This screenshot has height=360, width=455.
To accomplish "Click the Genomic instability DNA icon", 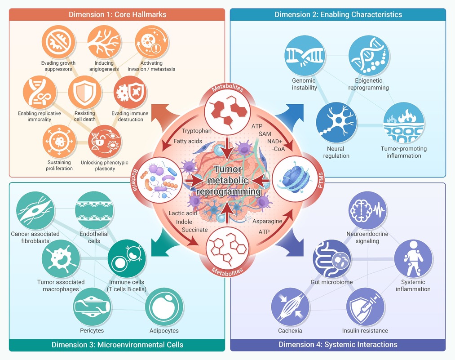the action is tap(305, 55).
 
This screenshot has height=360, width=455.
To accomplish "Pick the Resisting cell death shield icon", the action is tap(85, 93).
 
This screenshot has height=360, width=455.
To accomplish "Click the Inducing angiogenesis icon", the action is tap(104, 42).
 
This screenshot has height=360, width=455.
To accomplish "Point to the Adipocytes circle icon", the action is tap(164, 307).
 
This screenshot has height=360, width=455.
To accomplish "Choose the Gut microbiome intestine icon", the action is tap(331, 259).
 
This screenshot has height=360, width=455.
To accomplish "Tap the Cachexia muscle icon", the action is tap(290, 307).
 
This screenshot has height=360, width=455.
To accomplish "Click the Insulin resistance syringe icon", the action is tap(365, 307).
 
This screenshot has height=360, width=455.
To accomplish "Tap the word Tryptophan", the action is tap(196, 131).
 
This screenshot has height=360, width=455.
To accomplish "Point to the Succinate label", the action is tap(194, 230).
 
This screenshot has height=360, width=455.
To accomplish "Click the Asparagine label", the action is tap(267, 221).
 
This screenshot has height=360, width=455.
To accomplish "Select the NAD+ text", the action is tap(275, 142).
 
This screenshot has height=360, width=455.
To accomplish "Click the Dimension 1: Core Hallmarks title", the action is tap(118, 14).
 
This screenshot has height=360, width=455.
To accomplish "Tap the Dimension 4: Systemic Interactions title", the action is tap(338, 345).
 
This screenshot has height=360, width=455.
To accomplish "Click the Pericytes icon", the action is tap(92, 307).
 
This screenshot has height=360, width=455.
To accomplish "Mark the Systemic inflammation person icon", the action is tap(413, 259).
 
